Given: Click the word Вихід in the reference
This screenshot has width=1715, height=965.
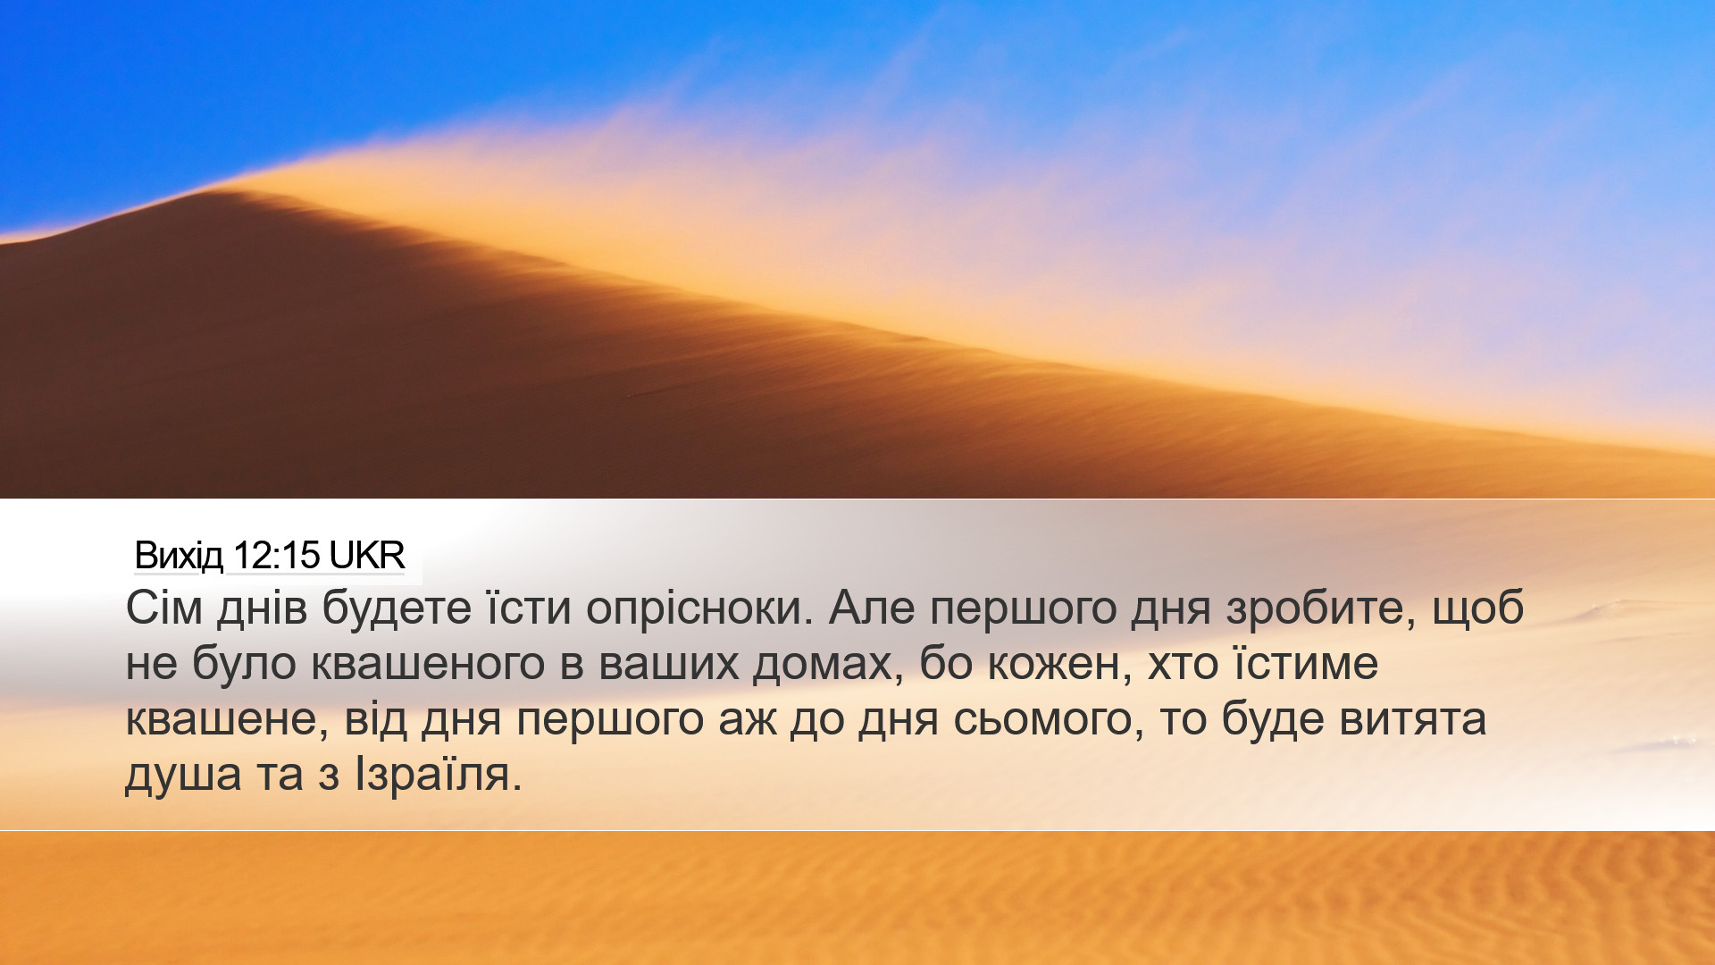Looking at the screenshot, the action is coord(179,556).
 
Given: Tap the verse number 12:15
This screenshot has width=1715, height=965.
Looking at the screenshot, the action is coord(276,556).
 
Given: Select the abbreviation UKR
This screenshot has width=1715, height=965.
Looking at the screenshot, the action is coord(367,556).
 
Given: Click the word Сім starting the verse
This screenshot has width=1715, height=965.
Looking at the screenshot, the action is coord(164,608).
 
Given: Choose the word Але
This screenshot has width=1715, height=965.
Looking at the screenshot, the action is coord(872,608).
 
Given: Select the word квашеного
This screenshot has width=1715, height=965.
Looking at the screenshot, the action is coord(429,664).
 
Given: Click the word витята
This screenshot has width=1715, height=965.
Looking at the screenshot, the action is coord(1413,719).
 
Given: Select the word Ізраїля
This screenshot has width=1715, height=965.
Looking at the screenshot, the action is coord(438,775).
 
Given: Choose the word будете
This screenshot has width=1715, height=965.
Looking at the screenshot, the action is coord(397,608).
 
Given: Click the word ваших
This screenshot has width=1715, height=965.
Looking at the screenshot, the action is coord(669,664).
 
